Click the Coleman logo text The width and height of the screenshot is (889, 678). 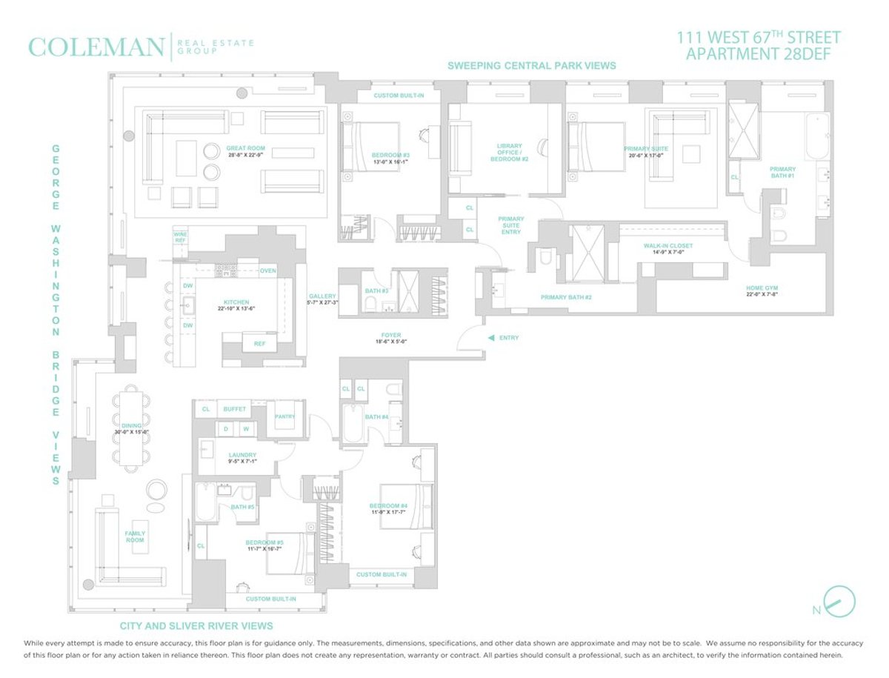[x=96, y=47]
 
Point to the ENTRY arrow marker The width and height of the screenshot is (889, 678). [x=490, y=338]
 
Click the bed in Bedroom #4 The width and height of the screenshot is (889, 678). [x=406, y=507]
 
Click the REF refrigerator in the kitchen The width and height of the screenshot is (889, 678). [x=259, y=344]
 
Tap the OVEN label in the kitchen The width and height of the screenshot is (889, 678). [x=267, y=271]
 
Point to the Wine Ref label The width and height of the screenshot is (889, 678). [x=180, y=236]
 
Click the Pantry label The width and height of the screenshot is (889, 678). [x=284, y=416]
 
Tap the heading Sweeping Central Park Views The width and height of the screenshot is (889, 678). [x=531, y=66]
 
